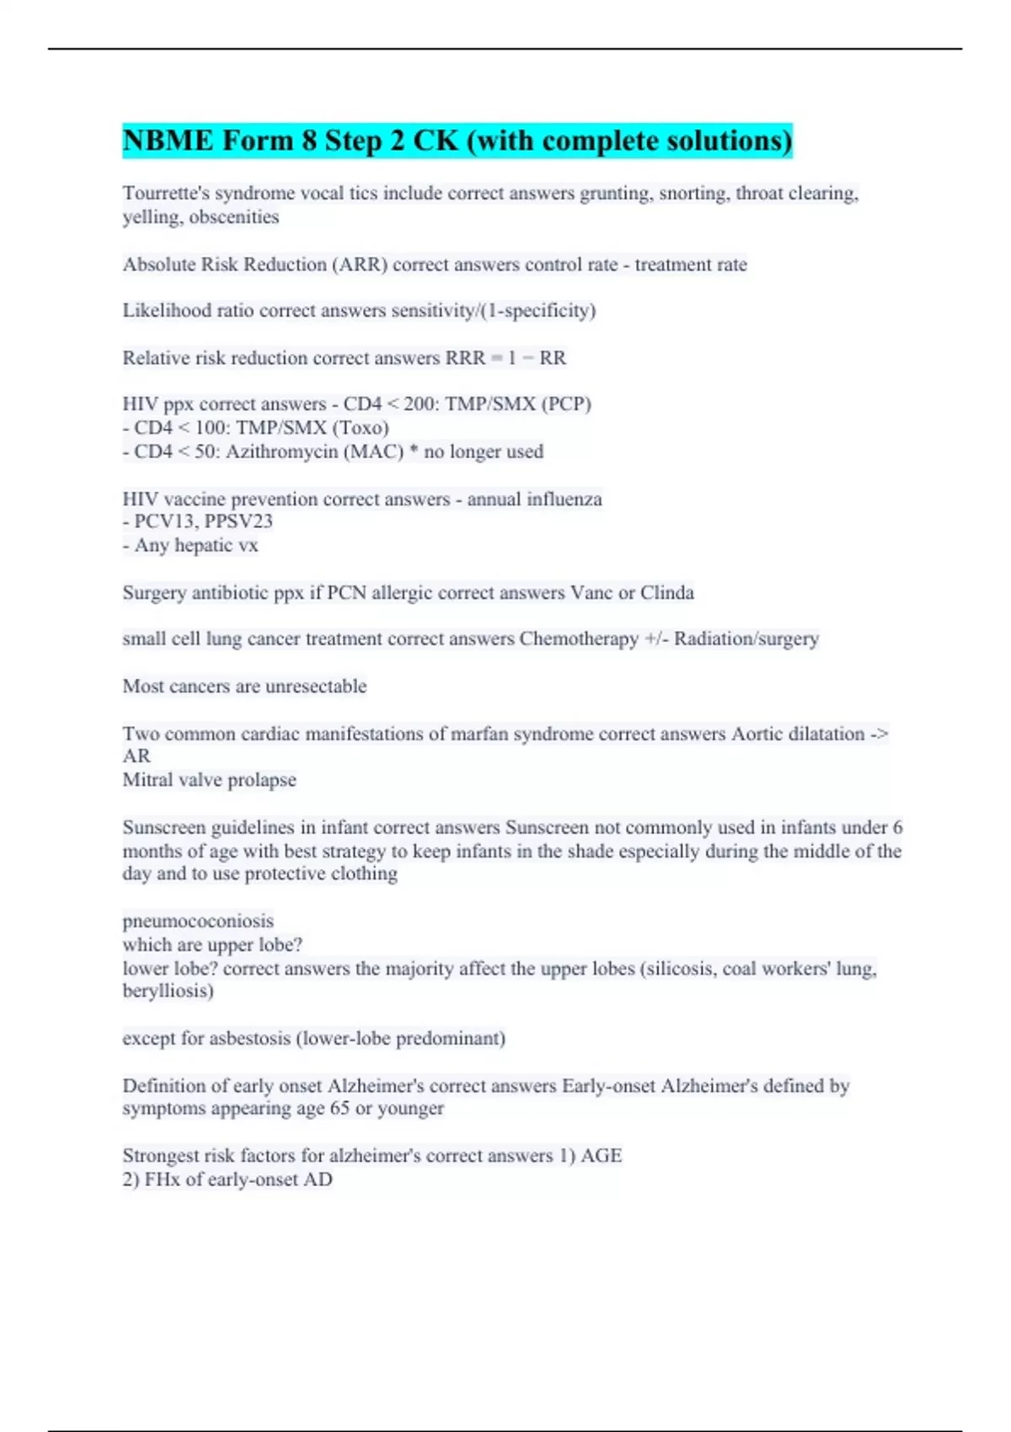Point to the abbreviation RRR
pos(465,358)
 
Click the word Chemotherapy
pos(579,639)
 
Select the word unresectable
pos(316,687)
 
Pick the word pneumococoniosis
pos(198,921)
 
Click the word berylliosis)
pos(168,991)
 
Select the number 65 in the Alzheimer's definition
pos(340,1109)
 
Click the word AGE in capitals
pos(602,1156)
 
